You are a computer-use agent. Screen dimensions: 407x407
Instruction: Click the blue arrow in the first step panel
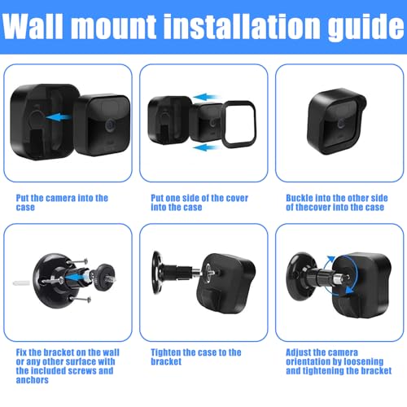pos(59,117)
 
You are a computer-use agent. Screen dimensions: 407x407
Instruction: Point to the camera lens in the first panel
pos(111,125)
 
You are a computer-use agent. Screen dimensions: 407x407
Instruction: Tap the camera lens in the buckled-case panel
pos(341,124)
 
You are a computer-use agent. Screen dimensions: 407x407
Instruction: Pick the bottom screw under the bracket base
pos(80,299)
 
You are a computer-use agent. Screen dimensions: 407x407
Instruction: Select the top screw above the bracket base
pos(78,261)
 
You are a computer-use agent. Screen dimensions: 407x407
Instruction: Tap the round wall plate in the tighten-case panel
pos(156,272)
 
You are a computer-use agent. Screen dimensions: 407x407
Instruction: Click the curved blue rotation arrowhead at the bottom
pos(349,291)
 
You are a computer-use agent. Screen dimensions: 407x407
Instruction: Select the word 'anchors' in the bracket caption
pos(33,380)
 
